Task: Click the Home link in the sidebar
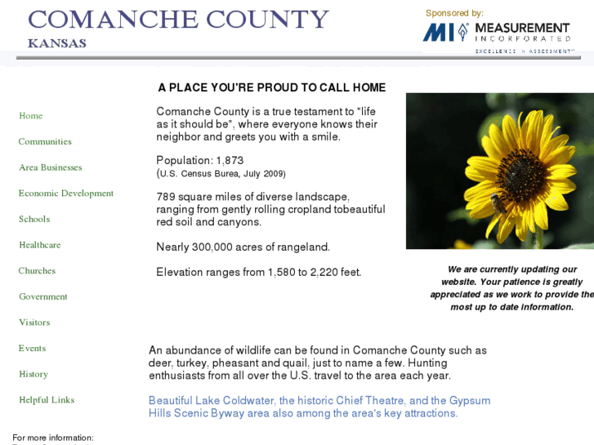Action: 30,116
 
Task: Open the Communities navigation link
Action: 45,141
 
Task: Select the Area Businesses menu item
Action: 50,167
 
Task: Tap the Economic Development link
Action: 65,194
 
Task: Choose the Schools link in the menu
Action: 34,219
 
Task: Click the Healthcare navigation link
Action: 39,245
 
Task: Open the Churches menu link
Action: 37,271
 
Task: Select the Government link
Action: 42,296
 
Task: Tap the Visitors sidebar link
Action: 34,323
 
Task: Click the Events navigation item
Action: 32,349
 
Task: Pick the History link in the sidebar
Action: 33,374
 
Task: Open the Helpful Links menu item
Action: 47,400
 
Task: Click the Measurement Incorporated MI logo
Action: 445,33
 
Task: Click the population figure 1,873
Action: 230,161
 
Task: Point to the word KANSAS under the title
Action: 56,43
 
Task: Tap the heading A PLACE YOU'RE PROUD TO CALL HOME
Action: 271,87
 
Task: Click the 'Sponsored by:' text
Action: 454,13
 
